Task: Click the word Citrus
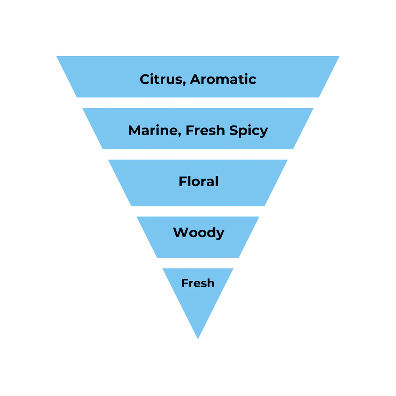point(162,79)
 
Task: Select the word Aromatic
point(223,79)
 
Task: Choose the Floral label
point(198,182)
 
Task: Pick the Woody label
point(198,232)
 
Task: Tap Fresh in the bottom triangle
point(198,283)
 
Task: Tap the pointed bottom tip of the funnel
point(198,337)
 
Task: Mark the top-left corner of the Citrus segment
point(58,57)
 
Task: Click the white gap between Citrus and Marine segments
point(198,103)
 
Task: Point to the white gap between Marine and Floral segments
point(198,154)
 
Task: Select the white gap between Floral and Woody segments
point(198,211)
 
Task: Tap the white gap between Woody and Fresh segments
point(198,263)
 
